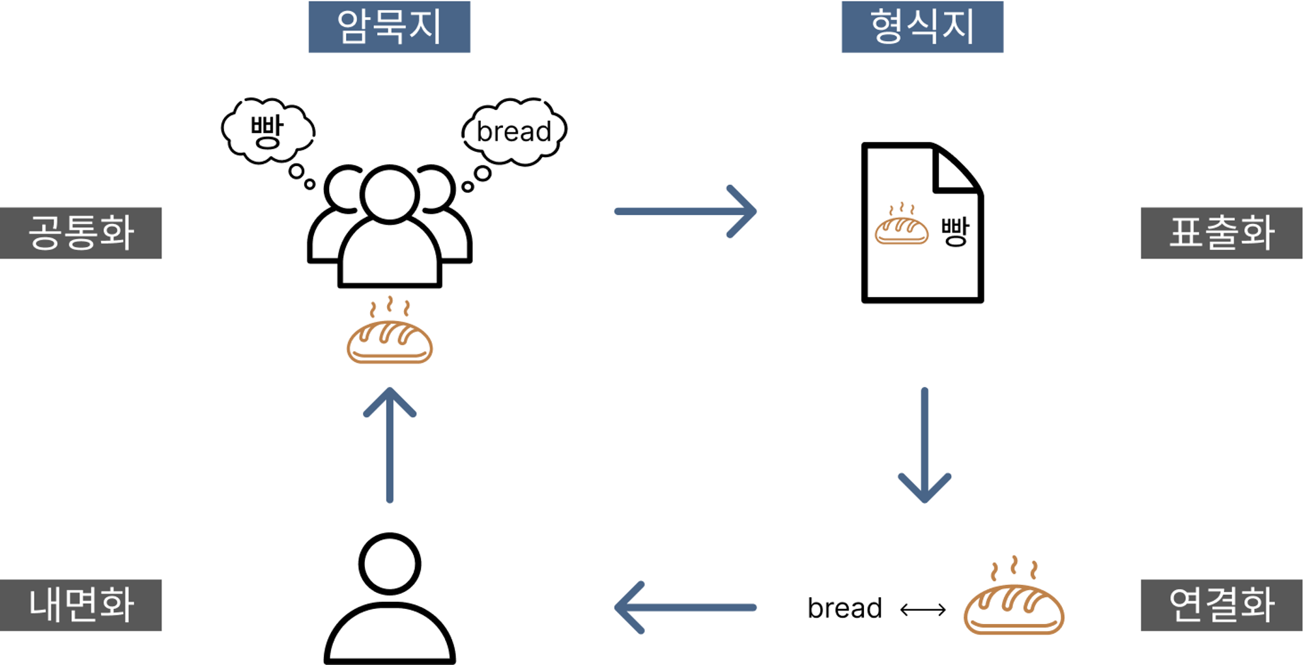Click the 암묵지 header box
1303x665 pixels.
(x=389, y=27)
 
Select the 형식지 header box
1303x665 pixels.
(x=922, y=27)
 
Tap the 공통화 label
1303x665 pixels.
(x=81, y=233)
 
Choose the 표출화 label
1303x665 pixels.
(x=1221, y=233)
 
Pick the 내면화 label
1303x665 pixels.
(x=81, y=604)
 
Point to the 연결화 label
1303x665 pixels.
(x=1221, y=604)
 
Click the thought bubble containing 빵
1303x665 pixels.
(x=268, y=130)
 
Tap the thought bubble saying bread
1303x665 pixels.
(x=514, y=131)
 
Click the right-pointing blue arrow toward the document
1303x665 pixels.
(x=685, y=211)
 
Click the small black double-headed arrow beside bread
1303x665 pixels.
(x=923, y=610)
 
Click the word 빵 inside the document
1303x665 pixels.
(x=955, y=231)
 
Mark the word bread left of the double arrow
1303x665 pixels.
(x=844, y=608)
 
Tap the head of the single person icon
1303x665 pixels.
(x=390, y=563)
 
